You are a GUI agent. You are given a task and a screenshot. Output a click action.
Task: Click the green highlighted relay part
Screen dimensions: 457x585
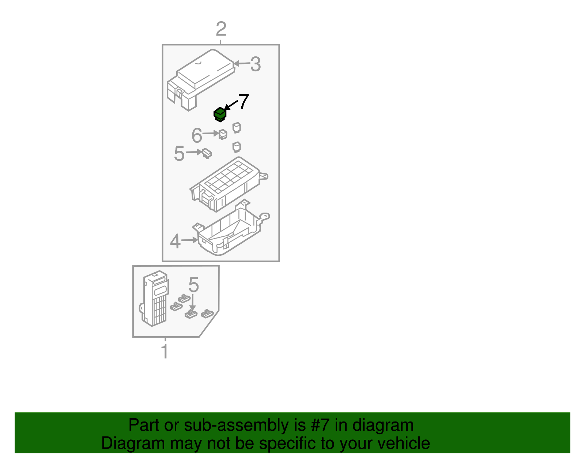220,114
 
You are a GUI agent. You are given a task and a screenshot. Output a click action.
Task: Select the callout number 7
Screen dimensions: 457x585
244,101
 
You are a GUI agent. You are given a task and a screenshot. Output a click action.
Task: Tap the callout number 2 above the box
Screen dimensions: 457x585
221,29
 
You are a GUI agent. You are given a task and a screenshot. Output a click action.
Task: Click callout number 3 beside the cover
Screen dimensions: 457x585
255,64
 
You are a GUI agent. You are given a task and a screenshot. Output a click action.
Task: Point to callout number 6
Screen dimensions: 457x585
197,136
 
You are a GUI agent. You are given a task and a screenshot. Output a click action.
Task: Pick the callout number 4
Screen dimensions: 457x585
175,241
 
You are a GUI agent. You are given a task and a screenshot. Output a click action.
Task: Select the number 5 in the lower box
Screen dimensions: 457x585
193,285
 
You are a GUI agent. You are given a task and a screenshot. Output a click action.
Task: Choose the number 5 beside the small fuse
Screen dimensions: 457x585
179,154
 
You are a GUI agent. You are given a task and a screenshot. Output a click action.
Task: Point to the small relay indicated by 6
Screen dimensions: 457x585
223,135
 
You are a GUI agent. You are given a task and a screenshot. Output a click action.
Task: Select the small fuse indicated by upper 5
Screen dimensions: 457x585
207,153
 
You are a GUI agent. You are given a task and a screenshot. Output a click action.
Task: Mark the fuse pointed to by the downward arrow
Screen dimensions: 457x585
191,314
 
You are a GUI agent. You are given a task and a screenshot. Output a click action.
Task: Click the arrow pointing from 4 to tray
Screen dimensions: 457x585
189,240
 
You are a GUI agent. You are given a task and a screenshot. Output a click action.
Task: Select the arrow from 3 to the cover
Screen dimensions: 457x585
241,64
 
